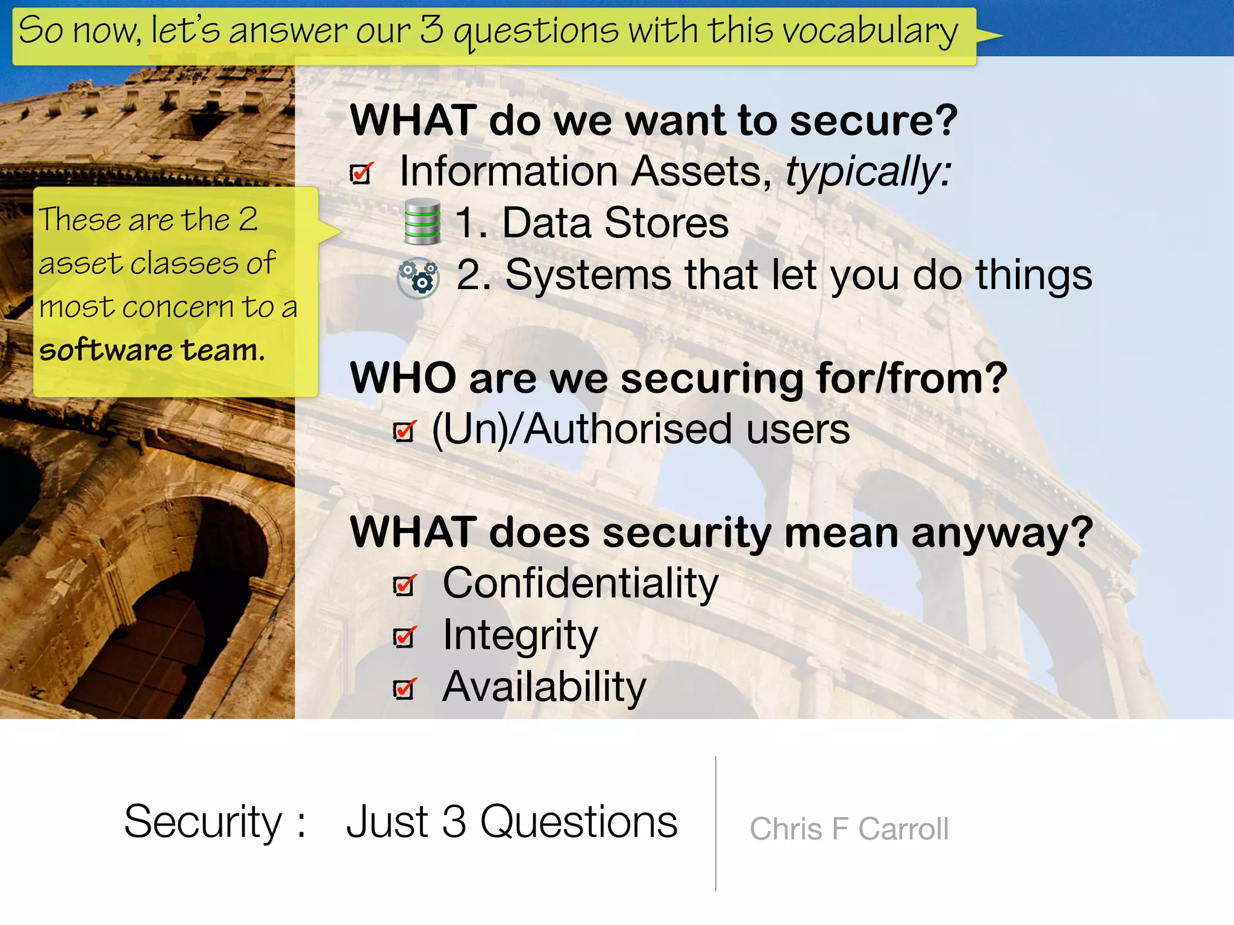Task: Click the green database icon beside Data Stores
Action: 422,221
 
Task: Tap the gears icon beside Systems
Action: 418,278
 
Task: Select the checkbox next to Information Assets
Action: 361,173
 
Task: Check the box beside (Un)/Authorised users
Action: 404,431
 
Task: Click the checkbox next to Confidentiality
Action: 404,585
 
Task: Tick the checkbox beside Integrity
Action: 404,637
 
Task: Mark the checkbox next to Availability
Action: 404,688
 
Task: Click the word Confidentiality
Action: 580,584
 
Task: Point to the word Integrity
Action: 520,635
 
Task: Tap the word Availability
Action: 543,687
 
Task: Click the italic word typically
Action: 868,172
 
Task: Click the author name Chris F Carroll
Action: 848,829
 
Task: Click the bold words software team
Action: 152,350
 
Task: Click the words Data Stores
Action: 615,223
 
